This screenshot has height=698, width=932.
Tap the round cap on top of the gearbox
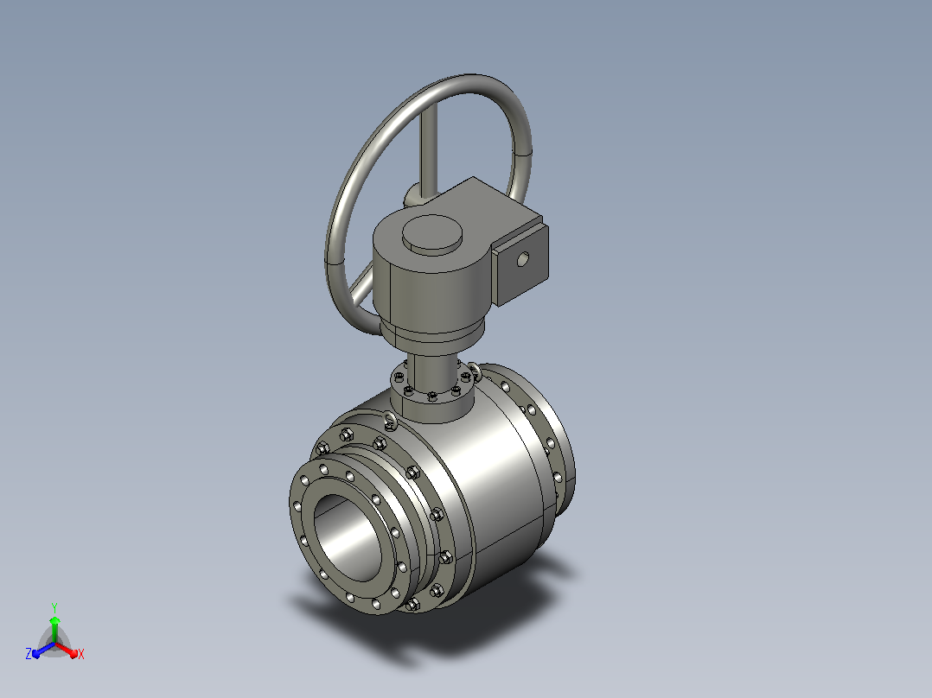[x=432, y=234]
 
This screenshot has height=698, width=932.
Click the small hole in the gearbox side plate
[x=522, y=259]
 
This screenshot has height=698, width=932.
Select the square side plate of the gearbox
[x=520, y=265]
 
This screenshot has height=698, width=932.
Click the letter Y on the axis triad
[x=54, y=607]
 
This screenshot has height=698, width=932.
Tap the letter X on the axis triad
[x=81, y=654]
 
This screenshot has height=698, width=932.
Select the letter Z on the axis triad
[x=29, y=653]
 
